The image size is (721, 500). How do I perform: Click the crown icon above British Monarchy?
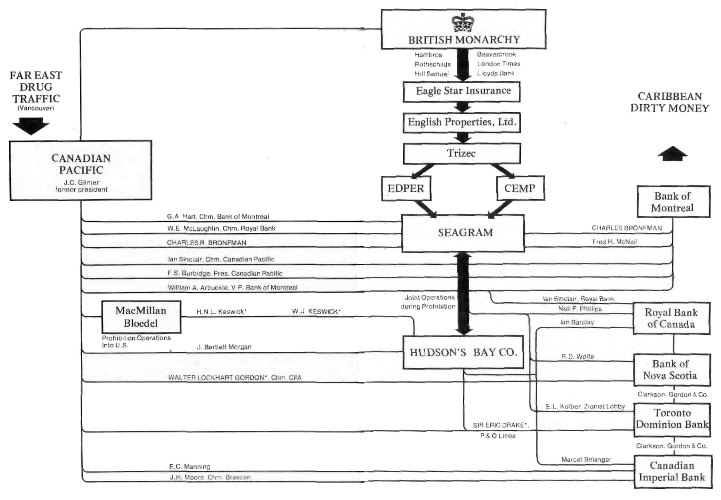(x=463, y=22)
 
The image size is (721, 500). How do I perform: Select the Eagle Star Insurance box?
(x=462, y=91)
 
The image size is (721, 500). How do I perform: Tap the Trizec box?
(x=462, y=153)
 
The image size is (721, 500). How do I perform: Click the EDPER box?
(x=406, y=188)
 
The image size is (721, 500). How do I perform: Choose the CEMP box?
(x=520, y=188)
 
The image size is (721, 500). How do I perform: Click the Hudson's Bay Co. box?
(x=463, y=352)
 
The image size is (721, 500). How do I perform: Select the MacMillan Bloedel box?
(x=141, y=317)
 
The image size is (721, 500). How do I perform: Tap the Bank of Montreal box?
(x=673, y=202)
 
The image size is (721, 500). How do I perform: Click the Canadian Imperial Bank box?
(x=673, y=471)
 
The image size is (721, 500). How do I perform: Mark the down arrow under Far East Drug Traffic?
(x=31, y=125)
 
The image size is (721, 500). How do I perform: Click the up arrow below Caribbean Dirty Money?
(x=673, y=154)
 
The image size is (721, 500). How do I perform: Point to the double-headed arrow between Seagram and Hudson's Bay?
(x=464, y=294)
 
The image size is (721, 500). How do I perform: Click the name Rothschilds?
(x=432, y=64)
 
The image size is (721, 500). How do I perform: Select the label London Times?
(x=498, y=64)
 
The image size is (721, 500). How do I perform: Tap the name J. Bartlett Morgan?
(x=224, y=347)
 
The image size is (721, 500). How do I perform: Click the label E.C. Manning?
(x=189, y=466)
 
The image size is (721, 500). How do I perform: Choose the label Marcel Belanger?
(x=586, y=460)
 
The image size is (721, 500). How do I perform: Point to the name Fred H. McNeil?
(x=614, y=242)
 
